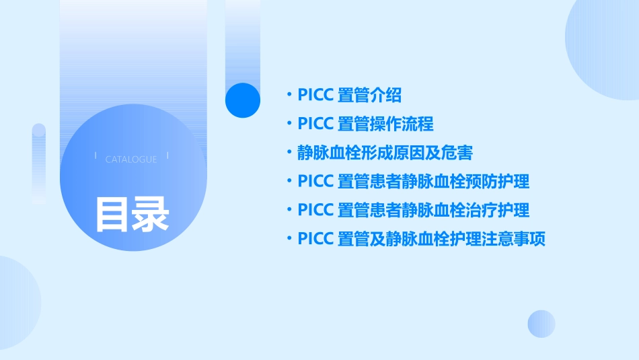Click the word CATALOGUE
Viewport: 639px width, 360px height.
(x=131, y=159)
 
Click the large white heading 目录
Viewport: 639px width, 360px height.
(x=132, y=214)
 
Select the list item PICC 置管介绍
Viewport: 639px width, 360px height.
(x=349, y=95)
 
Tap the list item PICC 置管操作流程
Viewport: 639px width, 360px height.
(x=365, y=124)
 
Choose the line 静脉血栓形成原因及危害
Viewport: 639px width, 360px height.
(x=385, y=153)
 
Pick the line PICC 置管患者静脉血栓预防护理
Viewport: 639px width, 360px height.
(x=413, y=182)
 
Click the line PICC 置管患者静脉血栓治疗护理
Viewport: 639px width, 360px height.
(x=413, y=211)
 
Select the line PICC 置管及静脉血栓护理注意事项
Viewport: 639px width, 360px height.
(x=421, y=240)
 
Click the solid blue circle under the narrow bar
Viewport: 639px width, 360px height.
(x=242, y=100)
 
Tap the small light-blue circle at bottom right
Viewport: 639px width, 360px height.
(x=541, y=324)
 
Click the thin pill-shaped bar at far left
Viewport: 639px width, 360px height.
(x=39, y=161)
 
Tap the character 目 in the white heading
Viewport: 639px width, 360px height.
(x=112, y=214)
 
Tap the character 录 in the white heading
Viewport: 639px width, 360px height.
(x=151, y=214)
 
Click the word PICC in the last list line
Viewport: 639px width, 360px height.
(x=315, y=240)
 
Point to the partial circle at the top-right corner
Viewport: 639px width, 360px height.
(x=605, y=47)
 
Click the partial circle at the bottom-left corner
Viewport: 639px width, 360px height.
(x=17, y=303)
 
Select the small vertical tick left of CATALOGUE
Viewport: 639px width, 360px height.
(x=96, y=155)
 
